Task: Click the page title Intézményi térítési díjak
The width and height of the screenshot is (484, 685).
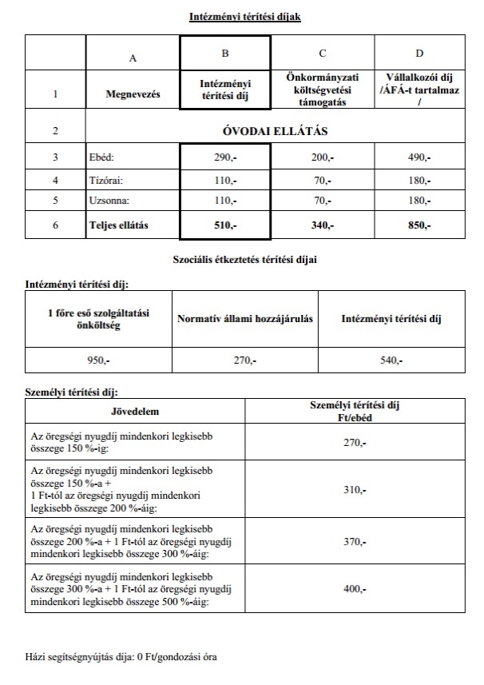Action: pos(245,17)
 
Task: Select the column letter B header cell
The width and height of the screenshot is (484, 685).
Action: pos(225,54)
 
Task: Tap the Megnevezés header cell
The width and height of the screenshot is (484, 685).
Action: pos(133,94)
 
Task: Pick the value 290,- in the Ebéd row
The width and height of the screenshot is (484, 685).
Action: pos(225,158)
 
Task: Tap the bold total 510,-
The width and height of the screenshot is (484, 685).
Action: pos(225,225)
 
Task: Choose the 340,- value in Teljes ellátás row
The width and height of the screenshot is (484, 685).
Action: pos(322,225)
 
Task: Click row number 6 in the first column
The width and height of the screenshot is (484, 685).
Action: pos(55,225)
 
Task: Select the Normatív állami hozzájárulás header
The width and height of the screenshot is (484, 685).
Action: pos(244,319)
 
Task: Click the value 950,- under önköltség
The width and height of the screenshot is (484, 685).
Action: pos(97,361)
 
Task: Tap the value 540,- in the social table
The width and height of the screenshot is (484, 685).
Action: pos(391,361)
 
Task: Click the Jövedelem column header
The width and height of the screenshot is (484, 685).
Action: pos(134,412)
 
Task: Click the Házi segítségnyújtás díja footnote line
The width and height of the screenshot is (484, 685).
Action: pos(121,657)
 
